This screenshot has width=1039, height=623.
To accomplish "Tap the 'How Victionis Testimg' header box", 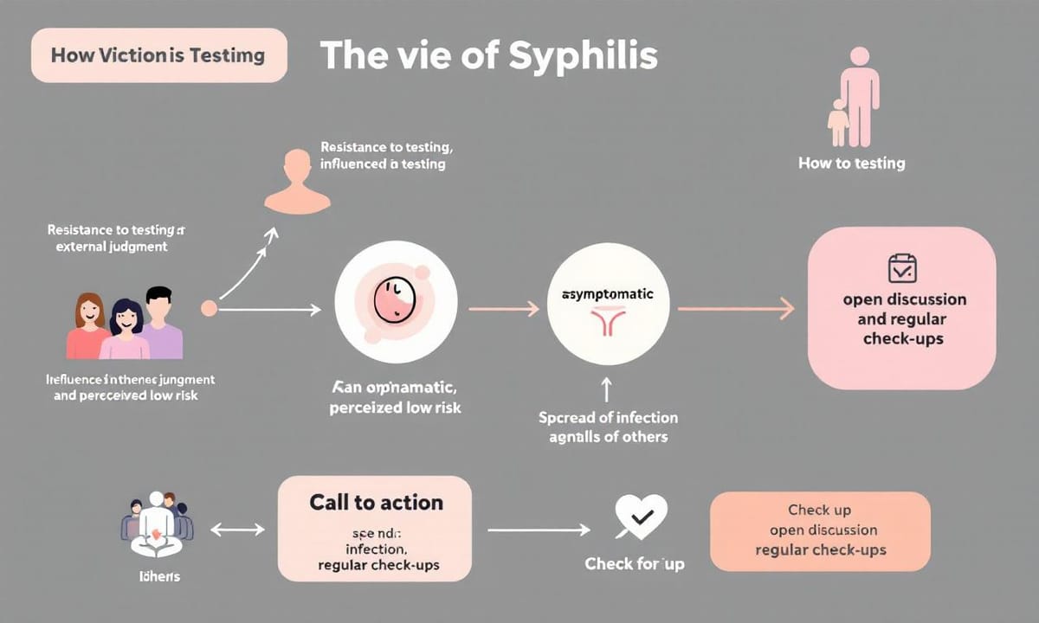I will [158, 56].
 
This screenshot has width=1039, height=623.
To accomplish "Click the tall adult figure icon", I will [859, 95].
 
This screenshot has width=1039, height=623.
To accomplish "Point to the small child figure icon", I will [837, 123].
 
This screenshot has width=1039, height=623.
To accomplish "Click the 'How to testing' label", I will [852, 164].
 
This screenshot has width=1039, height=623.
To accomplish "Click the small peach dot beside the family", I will [209, 307].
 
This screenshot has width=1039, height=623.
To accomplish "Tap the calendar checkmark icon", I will [903, 269].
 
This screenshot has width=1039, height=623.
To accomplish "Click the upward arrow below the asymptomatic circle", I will [607, 387].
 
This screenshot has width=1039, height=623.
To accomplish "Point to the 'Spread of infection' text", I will [608, 417].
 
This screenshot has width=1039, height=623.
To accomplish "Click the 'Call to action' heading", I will [376, 503].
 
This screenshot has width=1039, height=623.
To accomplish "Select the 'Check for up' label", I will [634, 564].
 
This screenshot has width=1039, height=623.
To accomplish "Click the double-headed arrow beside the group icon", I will [237, 528].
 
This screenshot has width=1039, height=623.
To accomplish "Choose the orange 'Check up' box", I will [820, 530].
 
